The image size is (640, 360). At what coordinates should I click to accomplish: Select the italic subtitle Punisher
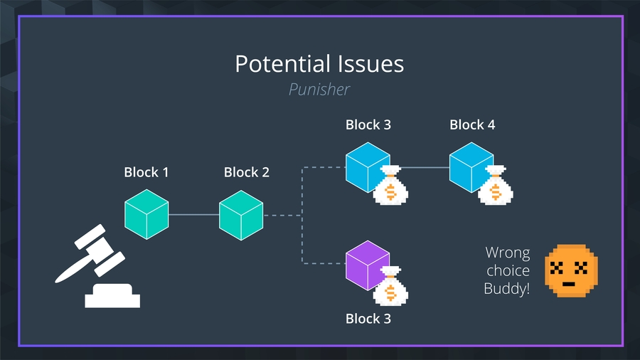[x=319, y=90]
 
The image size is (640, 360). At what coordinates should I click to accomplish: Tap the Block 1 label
[x=146, y=172]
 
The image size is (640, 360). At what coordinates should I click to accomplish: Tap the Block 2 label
[x=246, y=172]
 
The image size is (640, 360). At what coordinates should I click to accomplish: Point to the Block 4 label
[x=472, y=125]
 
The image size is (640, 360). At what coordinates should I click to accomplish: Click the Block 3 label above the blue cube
[x=368, y=125]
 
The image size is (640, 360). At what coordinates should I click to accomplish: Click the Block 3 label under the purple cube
[x=368, y=318]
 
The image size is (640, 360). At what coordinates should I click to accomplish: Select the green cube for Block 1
[x=146, y=214]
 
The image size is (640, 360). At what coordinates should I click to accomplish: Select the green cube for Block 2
[x=241, y=214]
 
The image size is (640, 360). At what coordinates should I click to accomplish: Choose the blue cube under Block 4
[x=471, y=167]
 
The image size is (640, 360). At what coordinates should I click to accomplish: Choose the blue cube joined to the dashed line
[x=368, y=167]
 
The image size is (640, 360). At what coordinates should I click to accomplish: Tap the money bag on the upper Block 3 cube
[x=390, y=186]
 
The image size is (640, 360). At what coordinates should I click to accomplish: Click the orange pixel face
[x=571, y=270]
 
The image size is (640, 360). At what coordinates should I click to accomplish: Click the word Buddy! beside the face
[x=507, y=290]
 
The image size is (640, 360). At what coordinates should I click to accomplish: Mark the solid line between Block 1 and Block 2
[x=193, y=214]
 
